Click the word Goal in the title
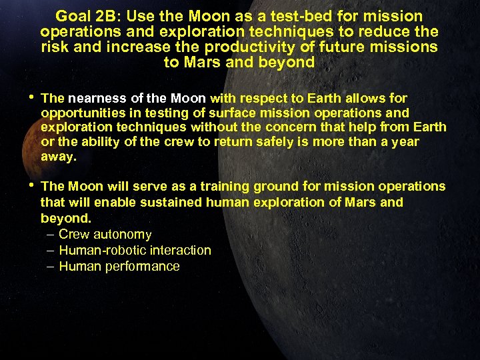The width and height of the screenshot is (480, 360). [x=73, y=16]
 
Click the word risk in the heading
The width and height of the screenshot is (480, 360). [x=55, y=47]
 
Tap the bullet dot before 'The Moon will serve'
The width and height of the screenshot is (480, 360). [x=33, y=187]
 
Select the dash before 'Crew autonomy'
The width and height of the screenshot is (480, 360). [x=51, y=235]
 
